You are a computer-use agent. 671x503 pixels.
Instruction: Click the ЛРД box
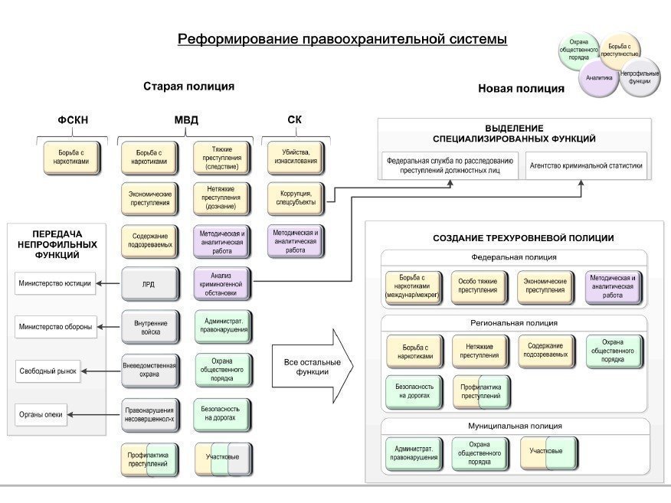click(x=149, y=284)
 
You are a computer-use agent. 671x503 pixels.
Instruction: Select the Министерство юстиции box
click(x=54, y=283)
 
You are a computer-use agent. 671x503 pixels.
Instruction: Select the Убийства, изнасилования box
click(x=295, y=157)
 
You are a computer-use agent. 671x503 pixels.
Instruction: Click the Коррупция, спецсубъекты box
click(x=295, y=199)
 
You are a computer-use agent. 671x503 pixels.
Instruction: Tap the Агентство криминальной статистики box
click(x=585, y=165)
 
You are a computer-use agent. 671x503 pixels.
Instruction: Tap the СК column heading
click(x=294, y=119)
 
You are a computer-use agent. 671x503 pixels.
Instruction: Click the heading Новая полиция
click(x=521, y=89)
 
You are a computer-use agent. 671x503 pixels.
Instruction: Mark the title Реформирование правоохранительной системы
click(x=342, y=39)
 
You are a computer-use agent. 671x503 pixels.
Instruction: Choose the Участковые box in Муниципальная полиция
click(x=548, y=451)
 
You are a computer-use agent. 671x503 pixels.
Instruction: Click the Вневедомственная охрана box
click(x=149, y=370)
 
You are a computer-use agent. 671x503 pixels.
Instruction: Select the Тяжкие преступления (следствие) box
click(x=222, y=157)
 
